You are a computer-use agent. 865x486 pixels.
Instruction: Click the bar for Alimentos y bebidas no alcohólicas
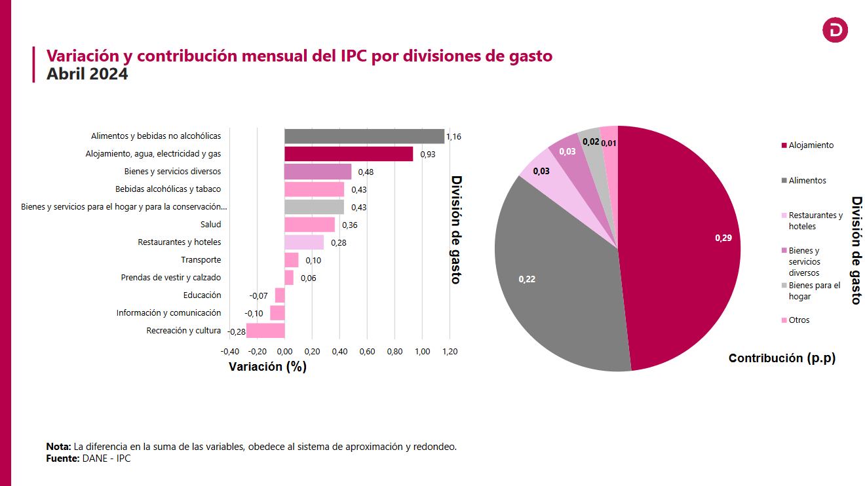point(364,136)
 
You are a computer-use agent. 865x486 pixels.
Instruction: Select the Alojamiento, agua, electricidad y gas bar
point(349,154)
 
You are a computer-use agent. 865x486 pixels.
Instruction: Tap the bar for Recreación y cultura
point(265,331)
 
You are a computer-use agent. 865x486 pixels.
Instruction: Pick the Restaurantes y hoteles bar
point(304,242)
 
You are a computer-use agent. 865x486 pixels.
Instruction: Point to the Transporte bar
point(292,260)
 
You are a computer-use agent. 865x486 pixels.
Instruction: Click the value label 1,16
point(453,137)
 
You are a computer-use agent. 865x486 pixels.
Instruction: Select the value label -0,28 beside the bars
point(237,332)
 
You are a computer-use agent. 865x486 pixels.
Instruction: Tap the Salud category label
point(210,225)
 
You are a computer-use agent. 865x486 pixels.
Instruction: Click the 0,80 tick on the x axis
point(394,352)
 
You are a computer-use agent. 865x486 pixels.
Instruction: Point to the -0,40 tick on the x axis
point(230,352)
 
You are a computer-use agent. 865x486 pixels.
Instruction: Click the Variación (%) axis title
point(267,367)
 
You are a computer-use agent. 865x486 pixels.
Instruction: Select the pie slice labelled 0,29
point(682,242)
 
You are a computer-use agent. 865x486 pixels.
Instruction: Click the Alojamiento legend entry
point(811,145)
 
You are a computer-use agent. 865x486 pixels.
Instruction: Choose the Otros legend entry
point(799,320)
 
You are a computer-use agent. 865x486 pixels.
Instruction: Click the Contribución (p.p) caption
point(782,358)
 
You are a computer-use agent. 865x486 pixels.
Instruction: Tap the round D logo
point(835,30)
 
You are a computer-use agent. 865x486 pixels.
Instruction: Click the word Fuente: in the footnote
point(63,458)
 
